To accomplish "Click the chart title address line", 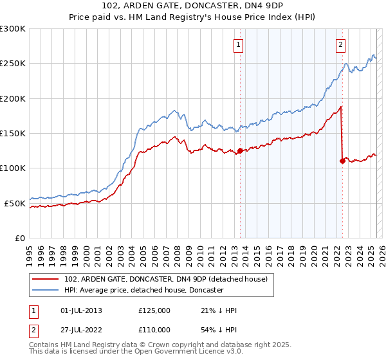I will point(193,4).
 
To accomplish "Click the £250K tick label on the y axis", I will point(13,64).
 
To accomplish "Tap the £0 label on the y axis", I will point(21,238).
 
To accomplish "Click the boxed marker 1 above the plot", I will point(239,45).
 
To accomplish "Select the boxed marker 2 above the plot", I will point(340,45).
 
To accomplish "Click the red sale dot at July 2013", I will point(240,151).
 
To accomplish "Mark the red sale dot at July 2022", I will point(342,161).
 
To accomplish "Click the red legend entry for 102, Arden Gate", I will point(170,279).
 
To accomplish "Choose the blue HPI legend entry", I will point(143,291).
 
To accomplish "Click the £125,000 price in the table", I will point(154,310).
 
